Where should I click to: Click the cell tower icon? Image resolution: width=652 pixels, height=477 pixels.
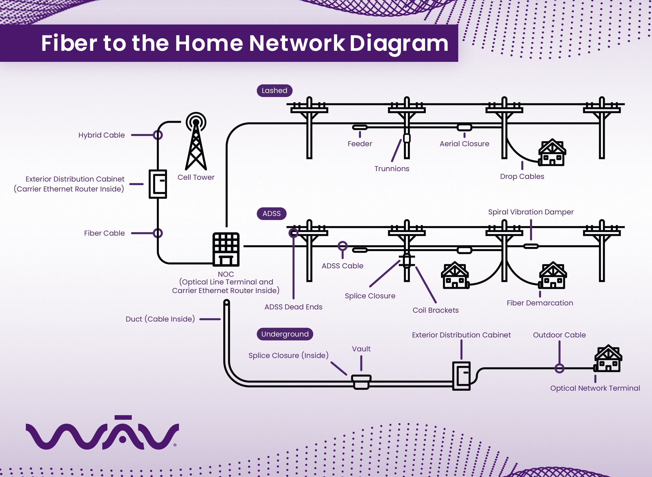coord(196,142)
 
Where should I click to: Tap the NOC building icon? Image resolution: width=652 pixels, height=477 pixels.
coord(226,249)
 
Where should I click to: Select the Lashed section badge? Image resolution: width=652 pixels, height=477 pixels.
coord(274,91)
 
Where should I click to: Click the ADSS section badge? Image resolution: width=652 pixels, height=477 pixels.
coord(272,214)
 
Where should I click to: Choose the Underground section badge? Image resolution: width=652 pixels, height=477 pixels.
coord(285,334)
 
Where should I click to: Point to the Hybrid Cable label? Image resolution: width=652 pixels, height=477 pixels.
coord(101,135)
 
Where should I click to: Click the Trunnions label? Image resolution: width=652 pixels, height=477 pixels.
coord(392,169)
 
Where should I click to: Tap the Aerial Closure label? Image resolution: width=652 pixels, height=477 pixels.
coord(464,144)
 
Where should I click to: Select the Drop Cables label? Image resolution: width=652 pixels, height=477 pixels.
coord(522,176)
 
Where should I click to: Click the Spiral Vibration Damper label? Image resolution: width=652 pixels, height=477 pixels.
coord(531,212)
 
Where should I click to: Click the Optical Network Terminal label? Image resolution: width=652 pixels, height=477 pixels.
coord(595,388)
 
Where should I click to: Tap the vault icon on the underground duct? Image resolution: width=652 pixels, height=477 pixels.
coord(361,382)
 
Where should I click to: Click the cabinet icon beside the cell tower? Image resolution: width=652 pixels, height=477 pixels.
coord(158,184)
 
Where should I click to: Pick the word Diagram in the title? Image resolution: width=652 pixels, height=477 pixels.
coord(399,43)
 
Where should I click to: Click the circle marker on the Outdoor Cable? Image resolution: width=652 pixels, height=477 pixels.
coord(559,368)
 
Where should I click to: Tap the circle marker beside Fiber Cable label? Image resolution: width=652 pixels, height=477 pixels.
coord(158,233)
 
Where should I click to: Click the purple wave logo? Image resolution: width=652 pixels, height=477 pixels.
coord(103,433)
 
